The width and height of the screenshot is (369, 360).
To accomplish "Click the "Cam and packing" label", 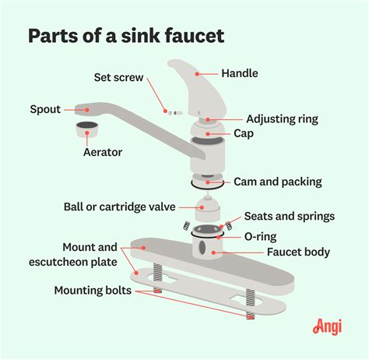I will point(278,182).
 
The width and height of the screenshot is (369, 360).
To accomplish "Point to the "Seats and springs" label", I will point(290,216).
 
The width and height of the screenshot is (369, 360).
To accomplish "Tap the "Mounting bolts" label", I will point(93,291).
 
